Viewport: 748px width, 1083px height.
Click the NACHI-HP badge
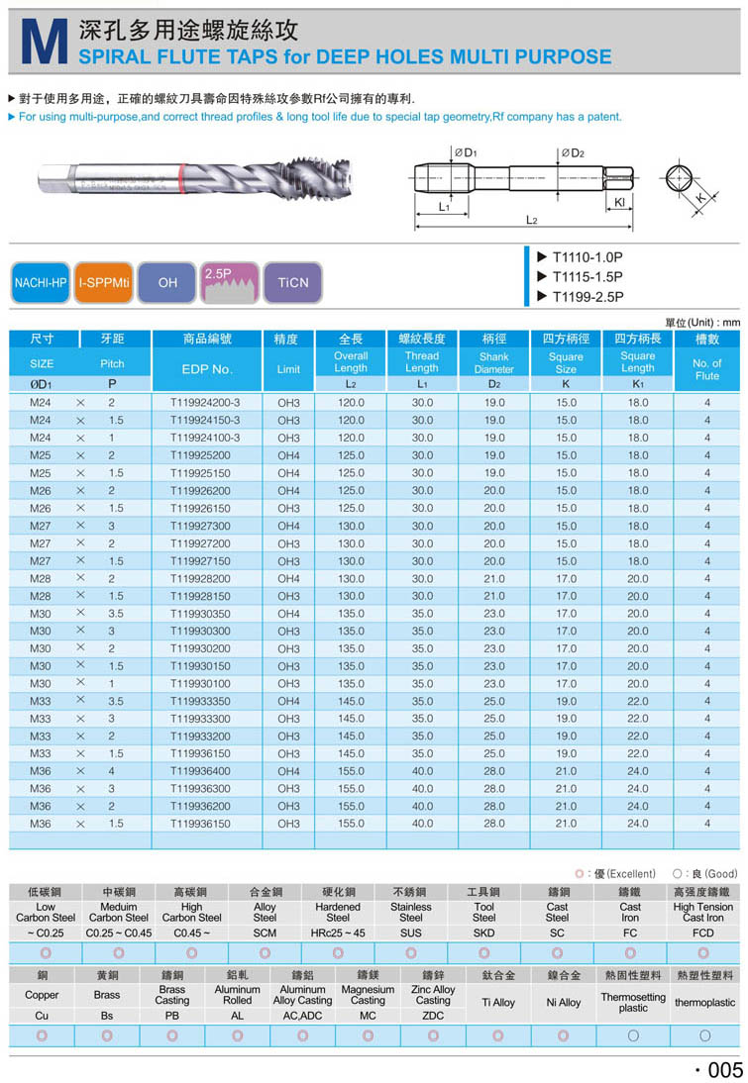tap(41, 282)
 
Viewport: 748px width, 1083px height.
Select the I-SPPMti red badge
tap(104, 282)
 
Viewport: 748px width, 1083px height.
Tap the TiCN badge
tap(293, 282)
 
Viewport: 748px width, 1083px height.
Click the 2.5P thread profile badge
tap(230, 282)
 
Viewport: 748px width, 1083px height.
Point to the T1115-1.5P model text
tap(588, 276)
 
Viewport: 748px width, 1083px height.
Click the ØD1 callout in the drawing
tap(465, 152)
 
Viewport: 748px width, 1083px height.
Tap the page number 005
tap(721, 1069)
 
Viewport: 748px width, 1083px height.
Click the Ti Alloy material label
tap(498, 1002)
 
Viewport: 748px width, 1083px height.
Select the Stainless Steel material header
tap(411, 912)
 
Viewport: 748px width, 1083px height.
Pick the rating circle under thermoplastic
tap(705, 1035)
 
